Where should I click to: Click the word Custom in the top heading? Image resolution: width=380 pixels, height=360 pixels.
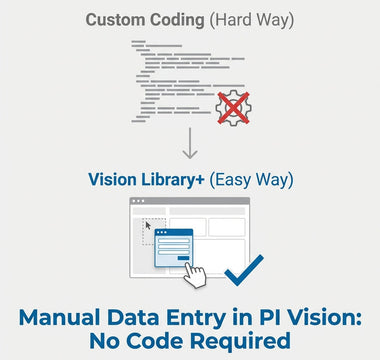[112, 20]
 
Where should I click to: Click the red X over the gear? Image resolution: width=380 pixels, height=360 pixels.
[234, 105]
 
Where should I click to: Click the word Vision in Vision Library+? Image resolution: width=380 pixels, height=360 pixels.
[114, 180]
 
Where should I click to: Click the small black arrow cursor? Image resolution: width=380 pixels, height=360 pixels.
[148, 225]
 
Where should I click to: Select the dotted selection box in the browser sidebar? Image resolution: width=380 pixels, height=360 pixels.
[150, 232]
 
